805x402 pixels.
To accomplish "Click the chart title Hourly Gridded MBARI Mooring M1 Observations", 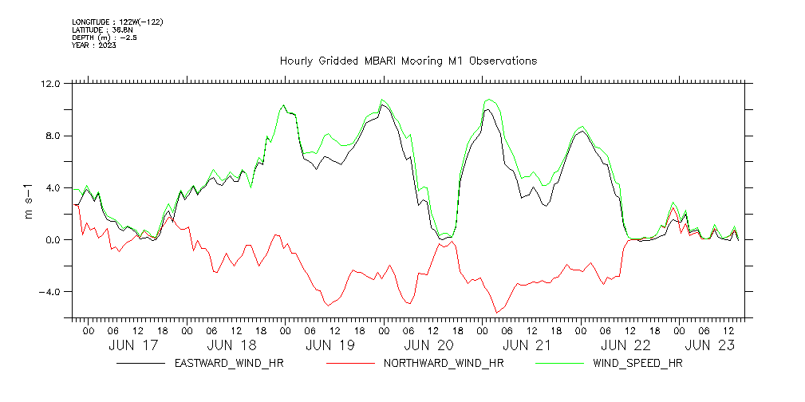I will pyautogui.click(x=408, y=61).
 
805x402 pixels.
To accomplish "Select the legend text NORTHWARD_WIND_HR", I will pyautogui.click(x=444, y=364).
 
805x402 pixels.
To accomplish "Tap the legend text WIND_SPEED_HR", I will pyautogui.click(x=638, y=364).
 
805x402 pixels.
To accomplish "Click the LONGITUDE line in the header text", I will pyautogui.click(x=117, y=22).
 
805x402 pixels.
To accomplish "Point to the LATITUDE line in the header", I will pyautogui.click(x=102, y=30).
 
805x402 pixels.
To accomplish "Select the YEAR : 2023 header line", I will pyautogui.click(x=94, y=45).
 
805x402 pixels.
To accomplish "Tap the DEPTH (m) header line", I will pyautogui.click(x=105, y=37).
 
